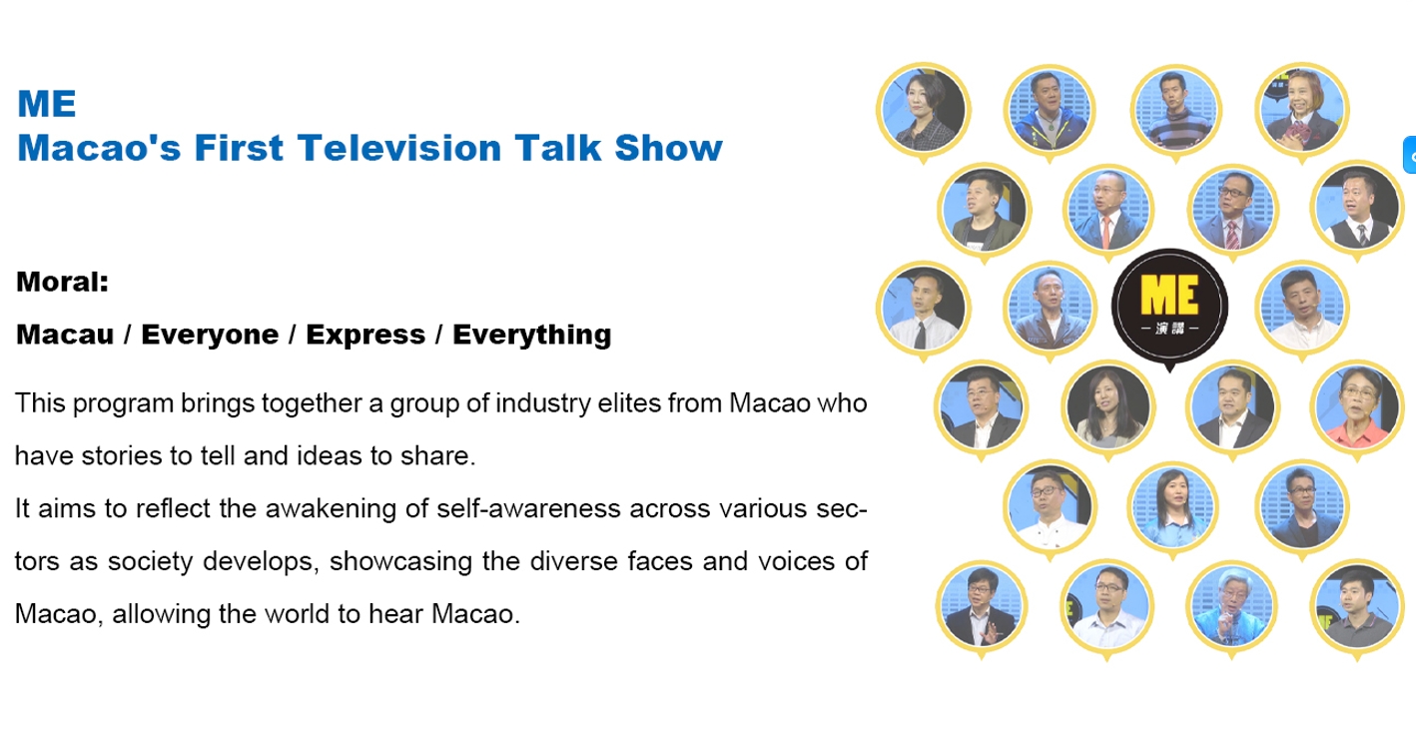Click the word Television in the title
click(400, 149)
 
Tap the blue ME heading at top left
click(47, 104)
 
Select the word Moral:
click(62, 282)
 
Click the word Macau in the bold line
click(65, 335)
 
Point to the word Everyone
click(210, 335)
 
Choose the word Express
click(365, 335)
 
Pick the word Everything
click(531, 335)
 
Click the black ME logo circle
click(1169, 308)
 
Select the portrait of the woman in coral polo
click(1357, 407)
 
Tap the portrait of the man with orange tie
click(1108, 210)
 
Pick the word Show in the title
click(668, 149)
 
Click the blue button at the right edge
click(1410, 155)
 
